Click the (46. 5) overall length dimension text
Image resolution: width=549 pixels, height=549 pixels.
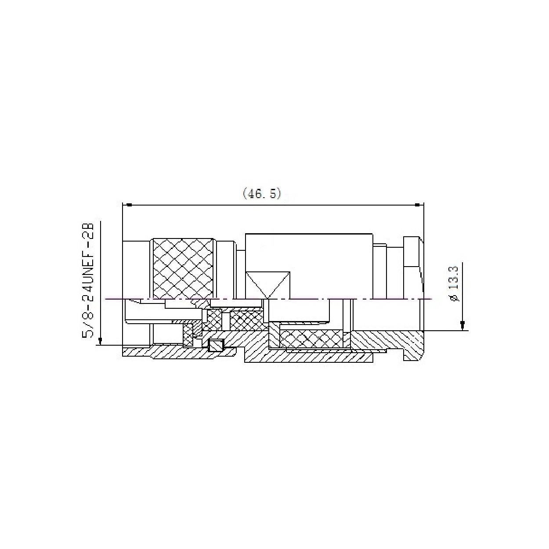262,194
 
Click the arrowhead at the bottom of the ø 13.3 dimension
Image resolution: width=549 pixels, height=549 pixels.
462,325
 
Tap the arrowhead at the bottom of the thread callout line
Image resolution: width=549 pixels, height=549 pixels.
101,340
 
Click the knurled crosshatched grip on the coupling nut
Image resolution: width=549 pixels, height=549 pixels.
184,268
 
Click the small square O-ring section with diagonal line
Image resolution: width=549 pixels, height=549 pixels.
216,345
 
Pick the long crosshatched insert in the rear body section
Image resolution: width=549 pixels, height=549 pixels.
311,339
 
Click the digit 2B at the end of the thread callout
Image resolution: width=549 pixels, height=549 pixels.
88,231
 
